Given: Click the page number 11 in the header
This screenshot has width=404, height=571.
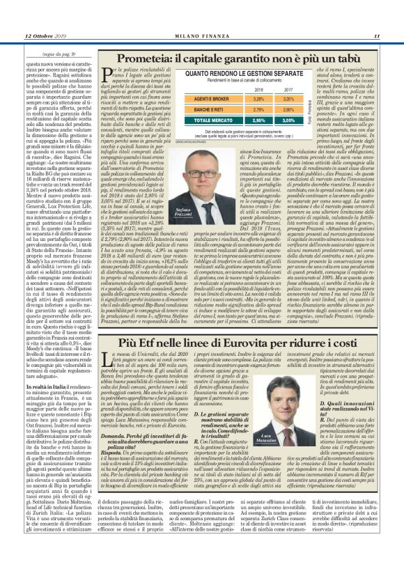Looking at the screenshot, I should coord(375,36).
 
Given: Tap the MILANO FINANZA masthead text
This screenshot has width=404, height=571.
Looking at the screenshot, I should coord(201,36).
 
